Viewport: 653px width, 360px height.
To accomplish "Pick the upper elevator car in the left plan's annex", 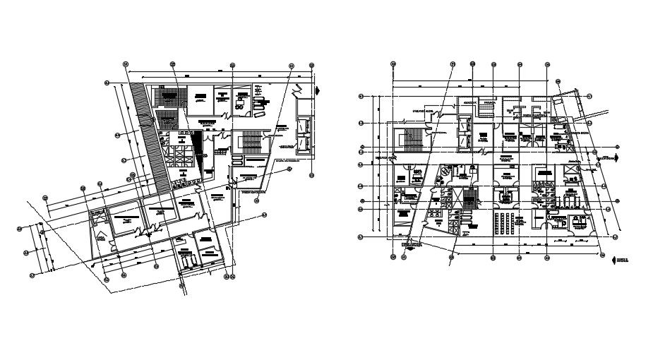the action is click(305, 125).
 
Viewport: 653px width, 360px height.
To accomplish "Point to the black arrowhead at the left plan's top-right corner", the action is click(318, 90).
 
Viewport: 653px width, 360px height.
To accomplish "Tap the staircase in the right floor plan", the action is click(409, 137).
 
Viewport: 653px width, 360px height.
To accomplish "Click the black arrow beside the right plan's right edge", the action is click(619, 159).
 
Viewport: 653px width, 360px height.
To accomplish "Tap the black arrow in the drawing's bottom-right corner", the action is click(613, 259).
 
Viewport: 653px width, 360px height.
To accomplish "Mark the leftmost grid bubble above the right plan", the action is click(393, 64).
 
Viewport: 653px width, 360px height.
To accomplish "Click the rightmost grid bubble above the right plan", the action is click(548, 64).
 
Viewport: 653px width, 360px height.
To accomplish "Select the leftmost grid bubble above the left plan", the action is click(126, 64).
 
